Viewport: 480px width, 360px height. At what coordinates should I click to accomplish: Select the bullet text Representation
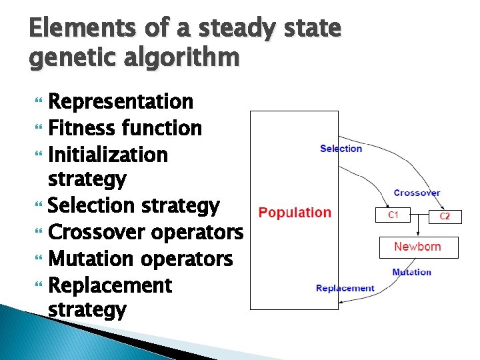click(x=121, y=102)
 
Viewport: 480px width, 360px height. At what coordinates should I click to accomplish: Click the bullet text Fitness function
click(x=125, y=127)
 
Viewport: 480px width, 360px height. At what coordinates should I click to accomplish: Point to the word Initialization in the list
click(x=108, y=155)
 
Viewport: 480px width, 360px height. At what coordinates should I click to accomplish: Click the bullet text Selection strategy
click(x=134, y=206)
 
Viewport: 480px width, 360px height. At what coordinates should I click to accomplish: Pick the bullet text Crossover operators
click(x=146, y=232)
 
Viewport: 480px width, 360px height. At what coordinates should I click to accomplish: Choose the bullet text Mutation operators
click(x=141, y=259)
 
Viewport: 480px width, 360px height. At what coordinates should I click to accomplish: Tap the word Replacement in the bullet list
click(x=111, y=285)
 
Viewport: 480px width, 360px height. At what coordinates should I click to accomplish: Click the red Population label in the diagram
click(x=295, y=213)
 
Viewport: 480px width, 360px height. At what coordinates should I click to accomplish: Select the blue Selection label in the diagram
click(x=341, y=148)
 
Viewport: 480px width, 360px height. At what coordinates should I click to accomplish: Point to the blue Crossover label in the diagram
click(x=417, y=193)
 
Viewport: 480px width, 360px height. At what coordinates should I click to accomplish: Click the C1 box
click(x=393, y=215)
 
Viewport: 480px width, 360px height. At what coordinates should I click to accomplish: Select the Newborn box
click(x=417, y=247)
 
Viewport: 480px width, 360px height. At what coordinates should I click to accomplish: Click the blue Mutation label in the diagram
click(x=411, y=272)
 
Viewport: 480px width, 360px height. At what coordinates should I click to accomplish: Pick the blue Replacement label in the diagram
click(x=345, y=288)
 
